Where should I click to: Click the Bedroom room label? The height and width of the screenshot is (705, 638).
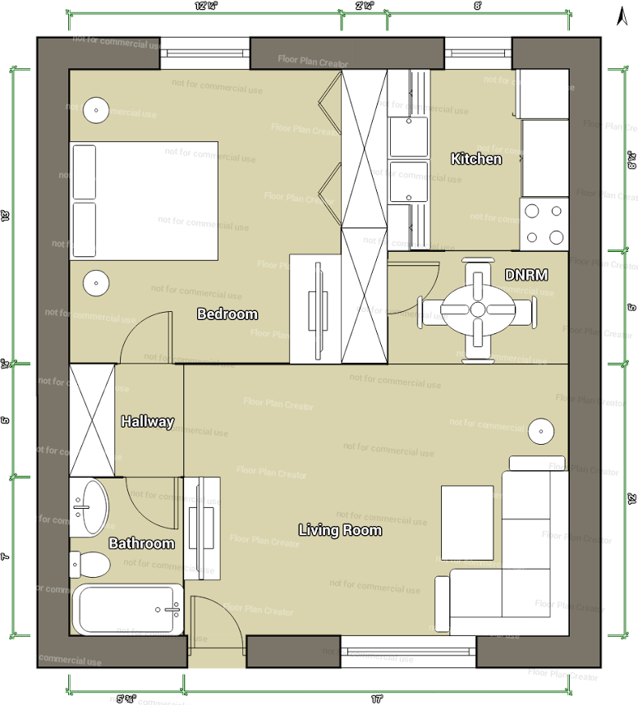pyautogui.click(x=227, y=314)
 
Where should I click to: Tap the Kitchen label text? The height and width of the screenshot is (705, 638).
pyautogui.click(x=476, y=158)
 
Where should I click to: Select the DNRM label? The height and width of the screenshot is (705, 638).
pyautogui.click(x=526, y=275)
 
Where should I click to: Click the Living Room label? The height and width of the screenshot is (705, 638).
pyautogui.click(x=340, y=530)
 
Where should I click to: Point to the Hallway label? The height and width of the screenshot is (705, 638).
pyautogui.click(x=148, y=422)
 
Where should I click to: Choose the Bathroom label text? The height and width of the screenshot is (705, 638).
pyautogui.click(x=142, y=543)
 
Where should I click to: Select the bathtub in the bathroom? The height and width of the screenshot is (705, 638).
pyautogui.click(x=126, y=609)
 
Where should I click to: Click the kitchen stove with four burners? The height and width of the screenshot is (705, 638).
pyautogui.click(x=544, y=224)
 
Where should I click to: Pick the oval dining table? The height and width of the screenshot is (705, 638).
pyautogui.click(x=477, y=309)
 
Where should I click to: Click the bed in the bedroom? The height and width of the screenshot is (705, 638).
pyautogui.click(x=145, y=200)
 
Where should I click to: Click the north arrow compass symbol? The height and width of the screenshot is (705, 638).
pyautogui.click(x=622, y=14)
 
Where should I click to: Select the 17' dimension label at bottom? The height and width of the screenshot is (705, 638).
pyautogui.click(x=377, y=699)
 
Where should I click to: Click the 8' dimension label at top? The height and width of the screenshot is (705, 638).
pyautogui.click(x=477, y=5)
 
